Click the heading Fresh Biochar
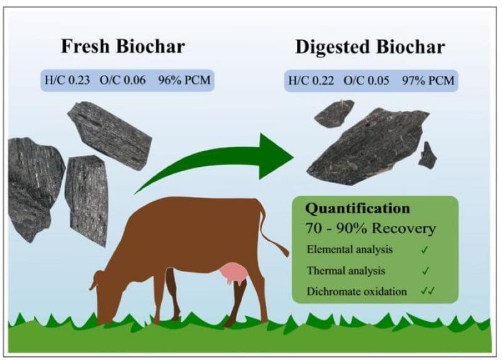click(123, 46)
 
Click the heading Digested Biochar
click(370, 46)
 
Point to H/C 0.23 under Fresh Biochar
click(65, 80)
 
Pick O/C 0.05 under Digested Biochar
click(366, 80)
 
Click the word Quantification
click(358, 208)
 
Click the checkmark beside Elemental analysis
click(425, 250)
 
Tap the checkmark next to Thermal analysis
click(425, 271)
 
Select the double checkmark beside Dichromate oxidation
click(429, 292)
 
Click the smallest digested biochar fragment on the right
click(429, 155)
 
